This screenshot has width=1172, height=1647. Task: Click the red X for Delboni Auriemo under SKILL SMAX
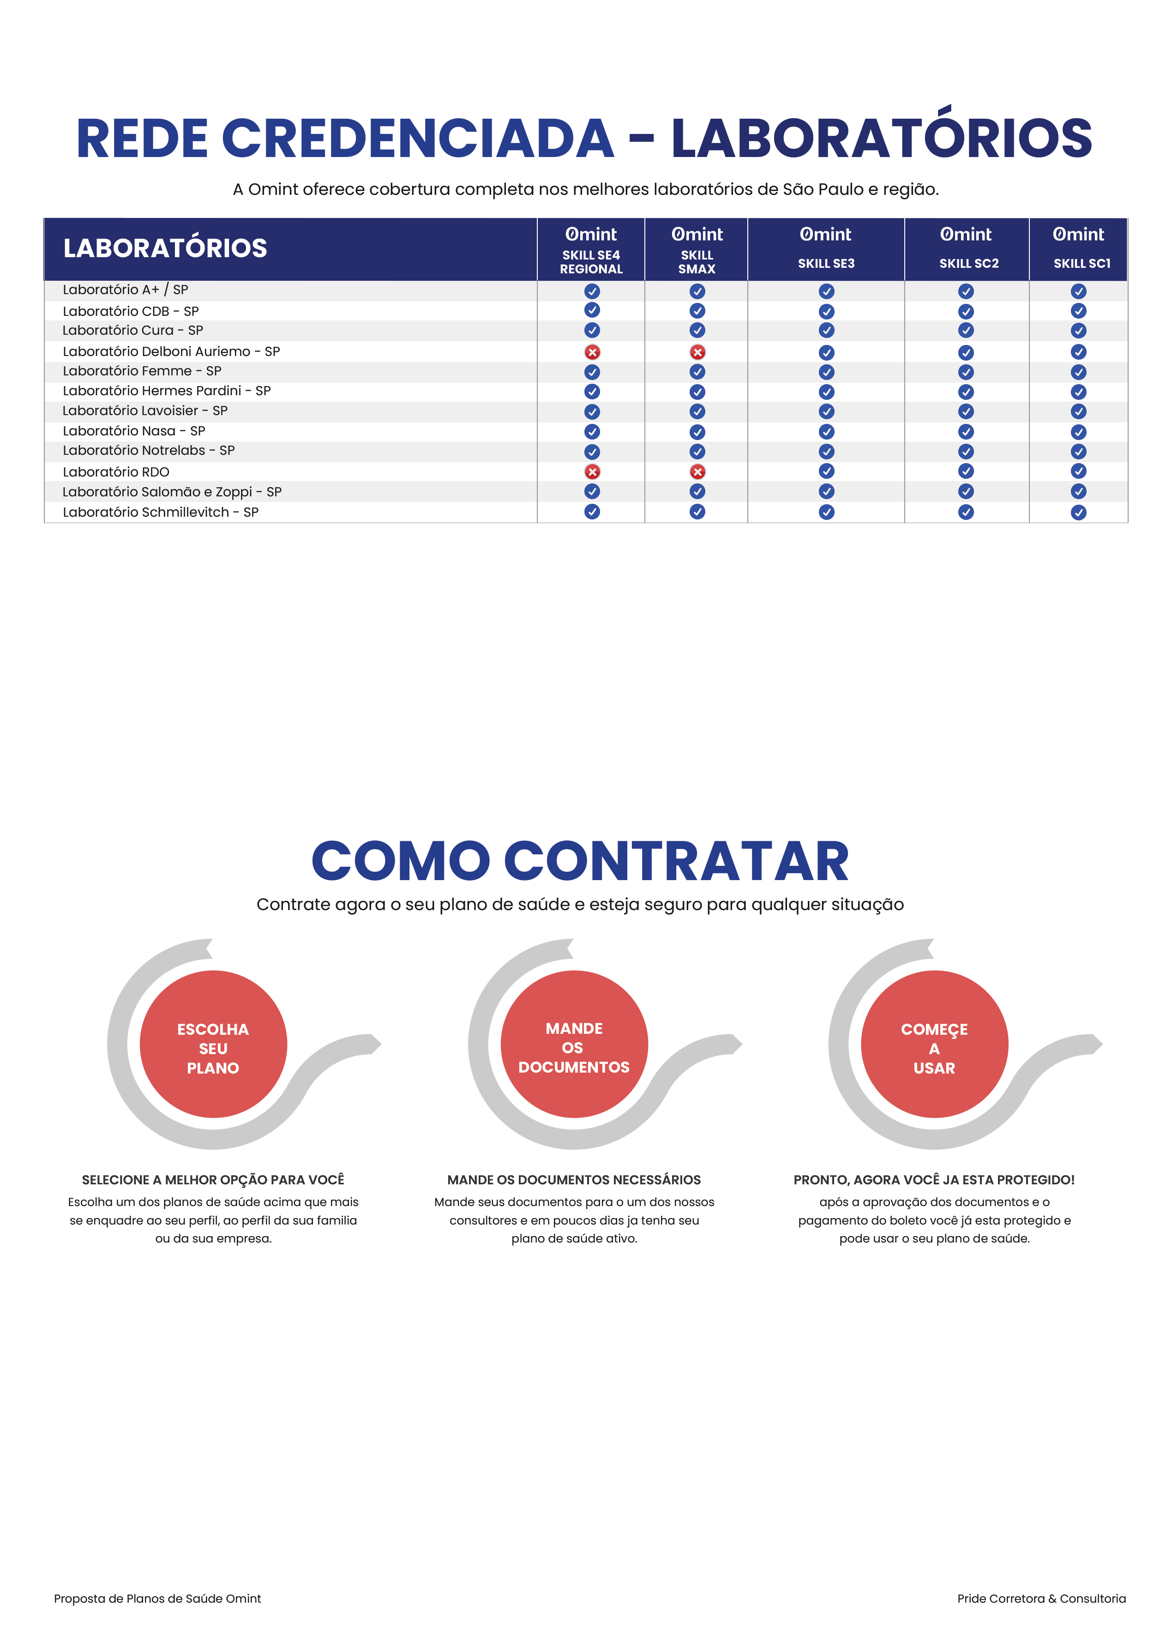[697, 352]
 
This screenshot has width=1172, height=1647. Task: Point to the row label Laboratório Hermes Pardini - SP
[167, 391]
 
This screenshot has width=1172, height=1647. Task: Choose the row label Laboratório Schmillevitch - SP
[160, 512]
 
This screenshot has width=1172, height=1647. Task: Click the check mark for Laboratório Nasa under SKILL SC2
[966, 432]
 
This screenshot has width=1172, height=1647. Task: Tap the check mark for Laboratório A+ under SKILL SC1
[1078, 291]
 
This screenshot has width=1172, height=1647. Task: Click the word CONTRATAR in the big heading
[676, 862]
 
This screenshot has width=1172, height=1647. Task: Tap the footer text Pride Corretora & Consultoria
[1041, 1599]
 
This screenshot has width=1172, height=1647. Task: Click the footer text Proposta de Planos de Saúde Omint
[157, 1599]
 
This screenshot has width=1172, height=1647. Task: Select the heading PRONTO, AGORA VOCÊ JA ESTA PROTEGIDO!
[934, 1179]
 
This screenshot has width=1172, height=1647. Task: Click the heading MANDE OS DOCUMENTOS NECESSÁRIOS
[574, 1179]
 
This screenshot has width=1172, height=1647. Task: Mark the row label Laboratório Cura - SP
[133, 330]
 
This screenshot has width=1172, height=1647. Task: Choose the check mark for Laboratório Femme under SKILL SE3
[826, 373]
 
